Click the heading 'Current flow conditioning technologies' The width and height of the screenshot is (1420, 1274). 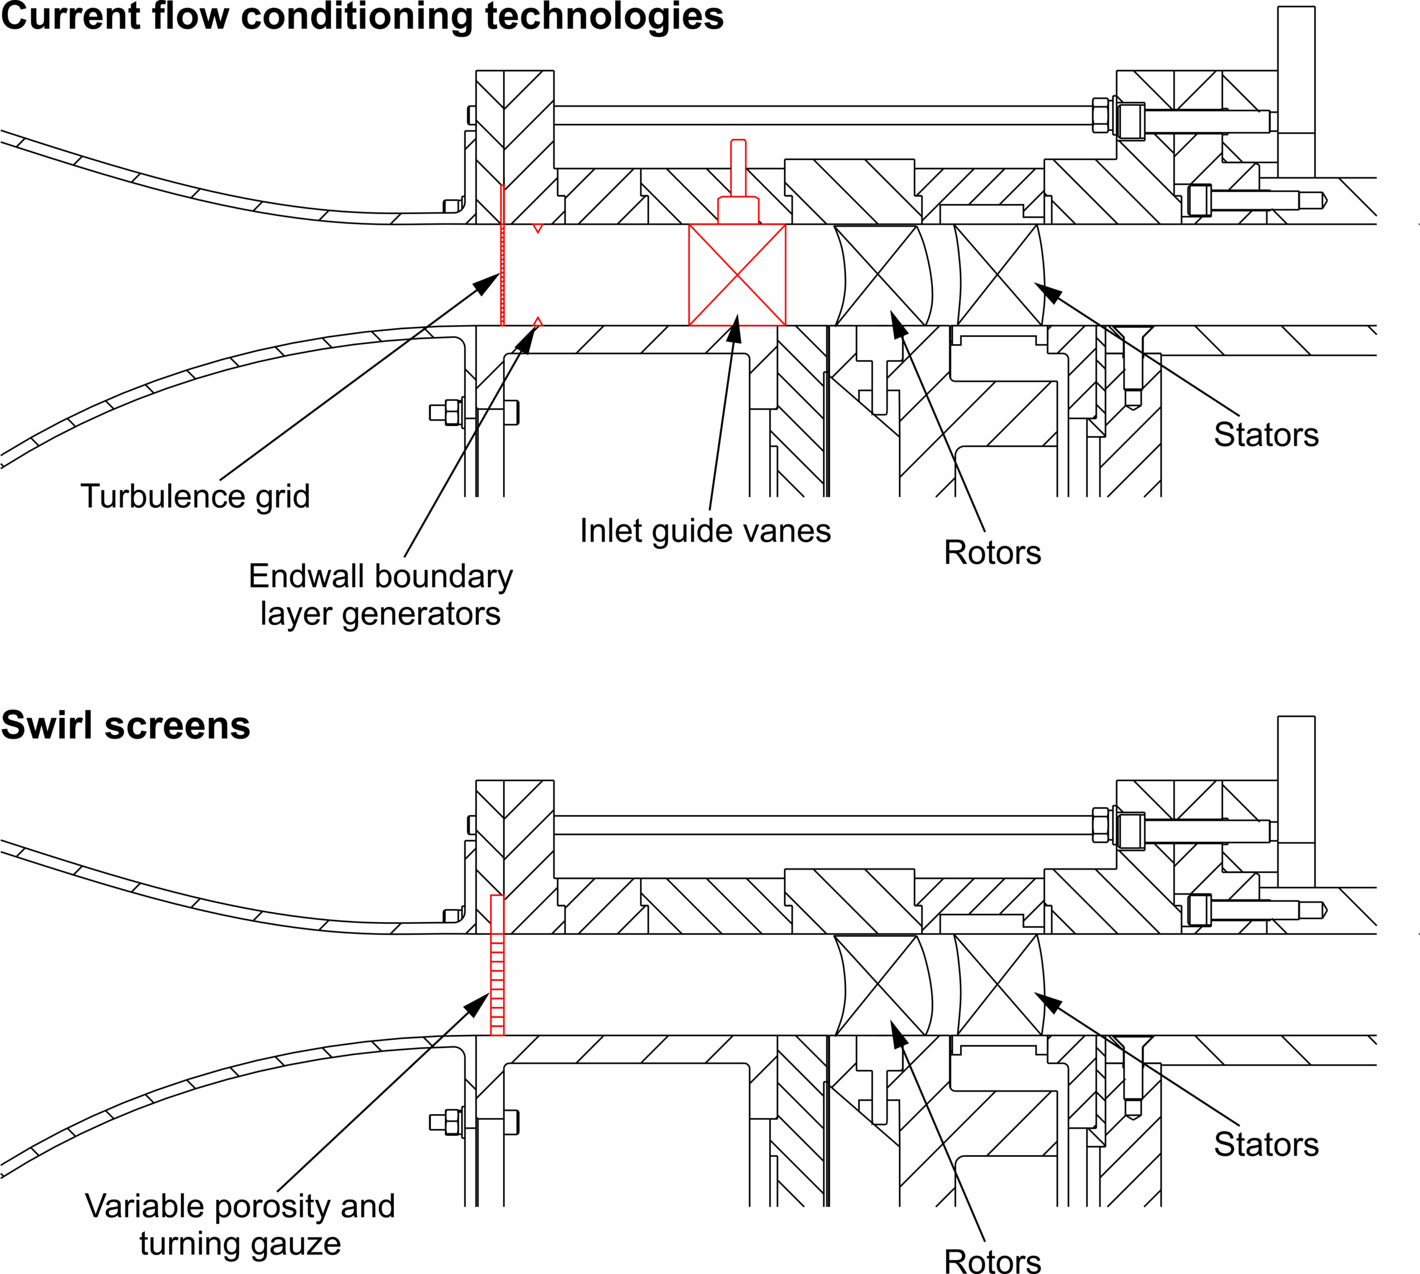[362, 17]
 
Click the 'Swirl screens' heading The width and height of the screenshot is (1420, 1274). [126, 725]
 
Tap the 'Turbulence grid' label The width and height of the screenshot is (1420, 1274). [195, 496]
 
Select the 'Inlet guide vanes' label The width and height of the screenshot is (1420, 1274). [705, 530]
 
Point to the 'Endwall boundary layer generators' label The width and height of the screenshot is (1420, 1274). [380, 595]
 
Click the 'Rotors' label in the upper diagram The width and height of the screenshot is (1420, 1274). [992, 552]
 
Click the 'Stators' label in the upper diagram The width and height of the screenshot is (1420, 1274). [1265, 434]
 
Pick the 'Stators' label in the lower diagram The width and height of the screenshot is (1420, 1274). [1265, 1145]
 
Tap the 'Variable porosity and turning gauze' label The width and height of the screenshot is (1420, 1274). [240, 1225]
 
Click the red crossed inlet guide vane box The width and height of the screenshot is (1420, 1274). [737, 275]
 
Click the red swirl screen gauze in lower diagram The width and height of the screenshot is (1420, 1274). [497, 966]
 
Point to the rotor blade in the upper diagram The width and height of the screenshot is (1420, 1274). [882, 275]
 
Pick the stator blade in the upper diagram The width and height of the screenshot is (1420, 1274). [1000, 275]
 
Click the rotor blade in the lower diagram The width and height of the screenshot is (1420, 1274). [882, 985]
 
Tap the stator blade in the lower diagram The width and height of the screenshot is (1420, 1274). [1000, 985]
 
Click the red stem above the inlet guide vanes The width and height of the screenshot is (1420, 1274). [738, 168]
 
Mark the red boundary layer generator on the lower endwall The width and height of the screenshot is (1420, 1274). [537, 322]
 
